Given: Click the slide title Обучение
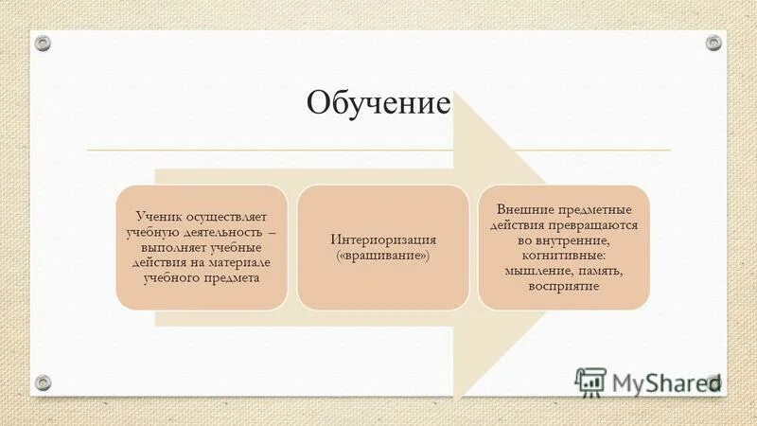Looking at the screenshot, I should [x=378, y=101].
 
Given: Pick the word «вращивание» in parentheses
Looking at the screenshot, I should [x=383, y=256].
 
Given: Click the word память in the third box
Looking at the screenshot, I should [x=602, y=271].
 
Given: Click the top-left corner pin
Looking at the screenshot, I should [x=44, y=43].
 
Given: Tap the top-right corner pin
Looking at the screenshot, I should [x=713, y=43].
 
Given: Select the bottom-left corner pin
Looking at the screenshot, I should [x=44, y=382].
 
